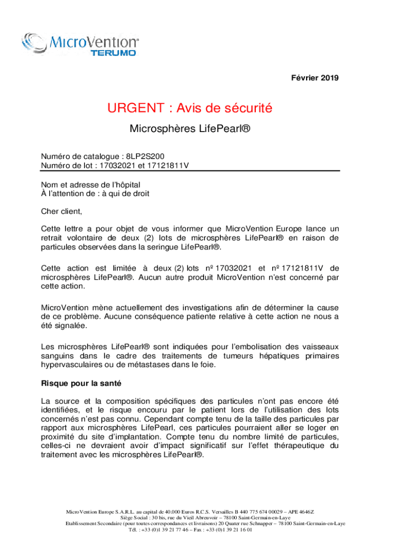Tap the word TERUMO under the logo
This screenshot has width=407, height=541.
click(x=114, y=53)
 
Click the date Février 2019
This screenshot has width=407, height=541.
click(x=315, y=78)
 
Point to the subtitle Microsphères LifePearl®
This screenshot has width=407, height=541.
click(x=190, y=128)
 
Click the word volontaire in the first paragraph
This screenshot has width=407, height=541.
click(x=87, y=238)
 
